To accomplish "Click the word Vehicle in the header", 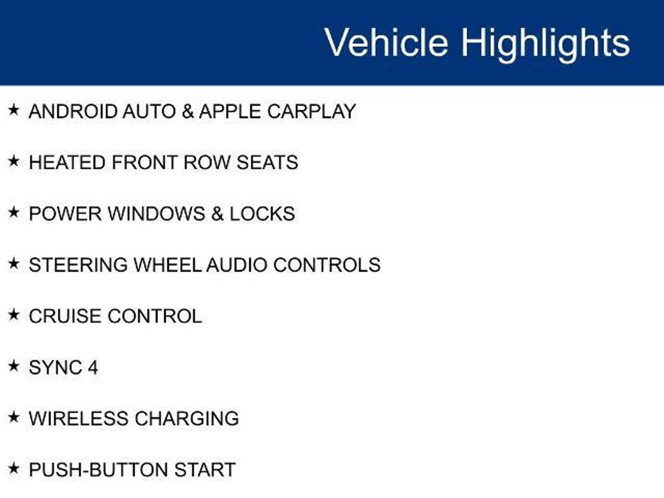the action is (386, 42).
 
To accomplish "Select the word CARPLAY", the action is (312, 111).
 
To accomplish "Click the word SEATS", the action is (267, 162).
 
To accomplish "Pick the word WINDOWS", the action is (156, 214).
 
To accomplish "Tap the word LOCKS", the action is (262, 214).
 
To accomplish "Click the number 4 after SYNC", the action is (93, 368).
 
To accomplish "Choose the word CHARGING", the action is (187, 419).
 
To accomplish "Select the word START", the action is (205, 470).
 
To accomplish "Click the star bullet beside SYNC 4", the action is (14, 366).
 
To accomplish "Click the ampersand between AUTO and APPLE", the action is (188, 111).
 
